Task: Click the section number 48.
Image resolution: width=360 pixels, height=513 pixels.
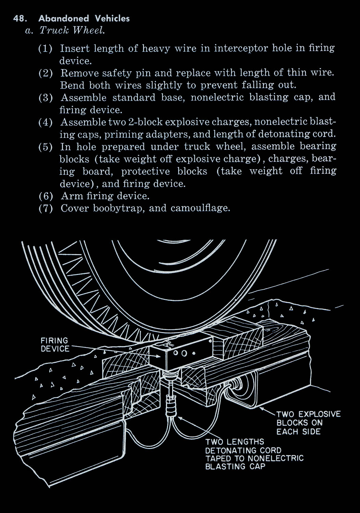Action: pos(20,18)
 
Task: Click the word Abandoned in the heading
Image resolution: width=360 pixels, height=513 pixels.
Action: pos(64,18)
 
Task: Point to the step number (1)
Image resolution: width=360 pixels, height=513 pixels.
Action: pos(46,49)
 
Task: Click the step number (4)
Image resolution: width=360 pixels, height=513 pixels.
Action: pos(46,122)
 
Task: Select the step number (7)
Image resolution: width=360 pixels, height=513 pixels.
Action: pos(46,208)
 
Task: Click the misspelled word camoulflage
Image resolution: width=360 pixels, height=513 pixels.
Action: pos(200,208)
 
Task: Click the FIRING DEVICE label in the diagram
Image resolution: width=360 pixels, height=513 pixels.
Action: pos(55,344)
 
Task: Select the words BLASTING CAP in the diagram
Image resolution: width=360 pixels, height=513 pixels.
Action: pos(235,466)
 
